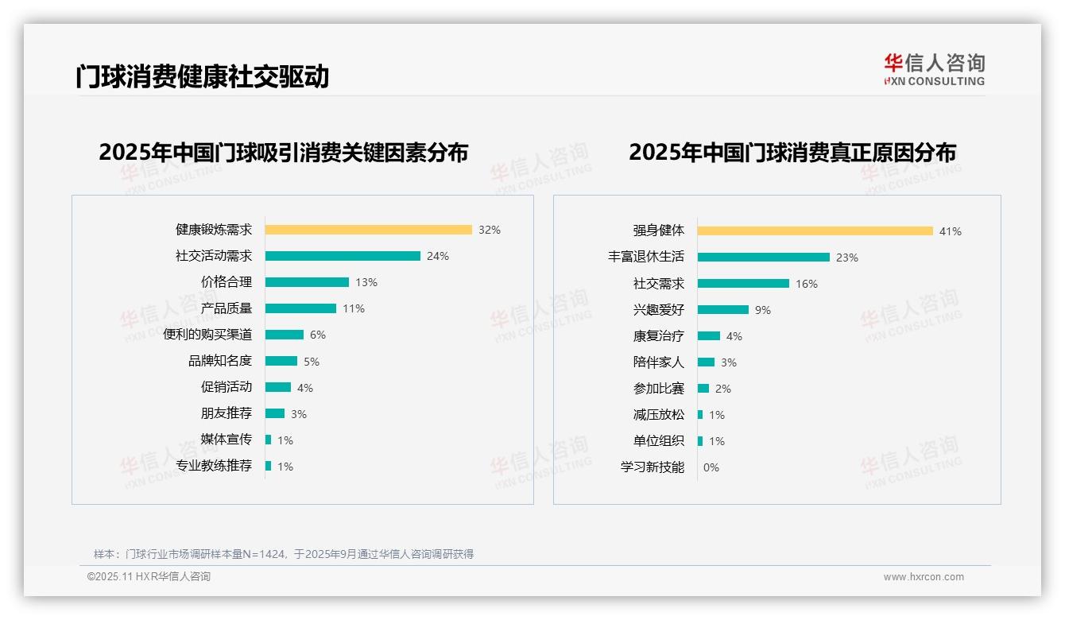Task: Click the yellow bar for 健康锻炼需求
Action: (x=368, y=230)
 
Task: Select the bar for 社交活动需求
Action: (x=343, y=256)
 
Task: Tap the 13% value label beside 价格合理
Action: (x=366, y=282)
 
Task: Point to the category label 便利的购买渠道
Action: (x=207, y=335)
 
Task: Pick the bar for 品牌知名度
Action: (x=281, y=361)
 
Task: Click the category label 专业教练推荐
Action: (x=214, y=466)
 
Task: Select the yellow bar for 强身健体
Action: (x=815, y=231)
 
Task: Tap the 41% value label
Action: (x=950, y=231)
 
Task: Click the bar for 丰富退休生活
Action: (x=763, y=258)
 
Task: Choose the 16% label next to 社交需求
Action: (x=806, y=284)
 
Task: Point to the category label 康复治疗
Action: (x=658, y=336)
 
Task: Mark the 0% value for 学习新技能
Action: (x=711, y=467)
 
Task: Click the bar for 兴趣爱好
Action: (x=722, y=310)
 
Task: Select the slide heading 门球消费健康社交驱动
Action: (x=202, y=76)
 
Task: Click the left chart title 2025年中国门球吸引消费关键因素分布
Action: (x=283, y=152)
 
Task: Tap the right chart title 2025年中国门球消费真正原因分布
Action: (x=792, y=152)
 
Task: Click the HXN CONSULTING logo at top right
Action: (x=934, y=69)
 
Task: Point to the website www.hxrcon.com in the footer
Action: (x=923, y=577)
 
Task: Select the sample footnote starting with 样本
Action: (x=284, y=554)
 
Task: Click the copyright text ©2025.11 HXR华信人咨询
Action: (x=149, y=577)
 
